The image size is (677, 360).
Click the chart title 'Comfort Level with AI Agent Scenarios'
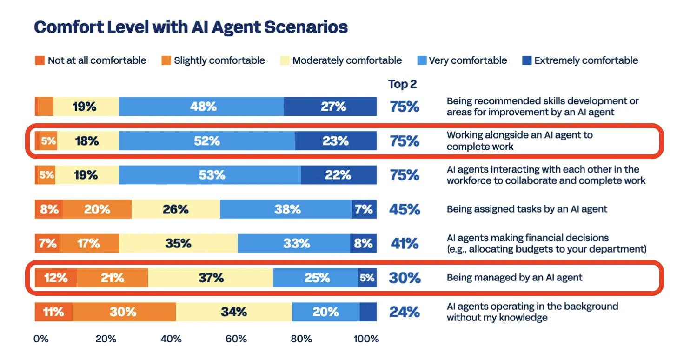pos(191,27)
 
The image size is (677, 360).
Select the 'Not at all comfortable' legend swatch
pos(40,60)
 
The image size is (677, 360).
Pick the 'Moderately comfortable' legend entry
pos(341,60)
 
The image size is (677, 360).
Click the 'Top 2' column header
pos(402,84)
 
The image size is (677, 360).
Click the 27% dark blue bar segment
pos(331,107)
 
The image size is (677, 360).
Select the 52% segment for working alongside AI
pos(207,141)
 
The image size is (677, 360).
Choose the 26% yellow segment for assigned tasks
pos(176,209)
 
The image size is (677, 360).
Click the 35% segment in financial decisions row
pos(178,243)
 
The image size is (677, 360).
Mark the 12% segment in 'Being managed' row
pos(56,278)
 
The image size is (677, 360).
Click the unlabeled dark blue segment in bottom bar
pos(368,312)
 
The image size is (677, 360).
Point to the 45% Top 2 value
pos(404,209)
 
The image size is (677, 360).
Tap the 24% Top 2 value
pos(404,312)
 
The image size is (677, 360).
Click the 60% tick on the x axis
pos(236,339)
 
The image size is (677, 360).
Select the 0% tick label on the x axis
pos(41,339)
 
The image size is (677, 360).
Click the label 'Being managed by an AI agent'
pos(514,278)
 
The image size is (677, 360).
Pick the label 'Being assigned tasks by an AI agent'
pos(527,209)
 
